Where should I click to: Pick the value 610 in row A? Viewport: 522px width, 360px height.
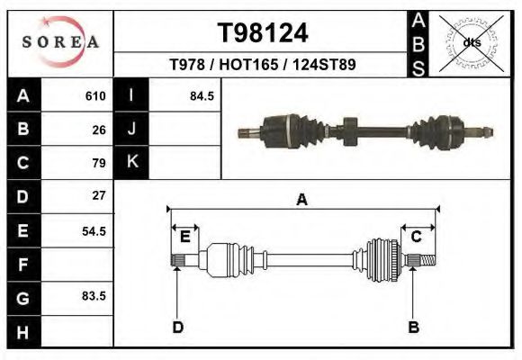pyautogui.click(x=95, y=95)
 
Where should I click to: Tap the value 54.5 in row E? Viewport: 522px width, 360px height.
pyautogui.click(x=94, y=230)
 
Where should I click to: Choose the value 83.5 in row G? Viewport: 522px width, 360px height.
pyautogui.click(x=94, y=295)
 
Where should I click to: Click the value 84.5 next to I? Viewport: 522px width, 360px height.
pyautogui.click(x=202, y=95)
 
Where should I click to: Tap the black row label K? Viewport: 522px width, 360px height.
pyautogui.click(x=131, y=162)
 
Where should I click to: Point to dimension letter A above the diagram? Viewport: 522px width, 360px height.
pyautogui.click(x=302, y=200)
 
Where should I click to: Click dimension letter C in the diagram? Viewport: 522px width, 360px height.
pyautogui.click(x=417, y=236)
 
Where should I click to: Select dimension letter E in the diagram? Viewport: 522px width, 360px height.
pyautogui.click(x=184, y=237)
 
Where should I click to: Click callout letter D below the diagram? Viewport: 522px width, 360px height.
pyautogui.click(x=177, y=327)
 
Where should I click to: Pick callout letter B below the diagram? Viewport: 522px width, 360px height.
pyautogui.click(x=413, y=327)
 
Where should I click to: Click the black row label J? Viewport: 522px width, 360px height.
pyautogui.click(x=131, y=129)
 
